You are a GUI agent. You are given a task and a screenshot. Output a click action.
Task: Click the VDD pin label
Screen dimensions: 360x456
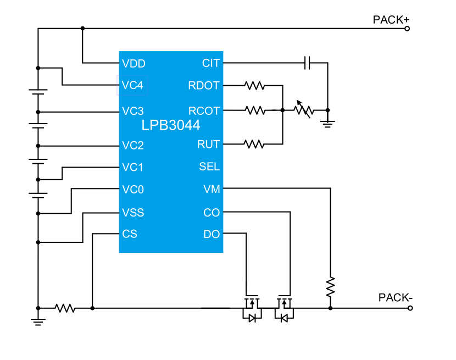[x=134, y=64]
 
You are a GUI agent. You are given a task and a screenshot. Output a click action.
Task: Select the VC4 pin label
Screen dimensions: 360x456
[x=133, y=86]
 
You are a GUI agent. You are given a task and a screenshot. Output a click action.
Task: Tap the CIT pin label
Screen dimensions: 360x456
[x=211, y=64]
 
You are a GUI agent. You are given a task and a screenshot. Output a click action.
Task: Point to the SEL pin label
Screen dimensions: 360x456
[x=209, y=167]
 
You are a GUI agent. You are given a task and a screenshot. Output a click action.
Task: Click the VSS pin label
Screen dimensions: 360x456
[x=134, y=213]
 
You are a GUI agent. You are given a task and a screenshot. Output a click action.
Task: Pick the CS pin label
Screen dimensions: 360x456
[x=130, y=234]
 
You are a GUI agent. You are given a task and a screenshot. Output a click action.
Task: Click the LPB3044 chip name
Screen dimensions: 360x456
[x=171, y=126]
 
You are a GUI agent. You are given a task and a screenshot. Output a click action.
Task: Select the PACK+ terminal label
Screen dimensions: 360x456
[x=391, y=20]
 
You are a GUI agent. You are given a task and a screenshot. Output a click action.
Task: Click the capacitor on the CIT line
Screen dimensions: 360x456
[x=308, y=63]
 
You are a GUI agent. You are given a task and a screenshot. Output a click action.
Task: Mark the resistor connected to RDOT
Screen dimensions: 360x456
[x=255, y=86]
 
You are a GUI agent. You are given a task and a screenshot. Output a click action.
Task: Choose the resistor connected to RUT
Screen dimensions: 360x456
[x=255, y=144]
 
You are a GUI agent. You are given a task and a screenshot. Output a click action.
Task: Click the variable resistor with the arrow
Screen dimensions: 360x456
[x=303, y=110]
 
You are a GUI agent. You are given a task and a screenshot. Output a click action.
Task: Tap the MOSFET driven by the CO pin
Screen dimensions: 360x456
[x=284, y=308]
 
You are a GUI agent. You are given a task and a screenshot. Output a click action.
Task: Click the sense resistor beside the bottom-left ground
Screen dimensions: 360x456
[x=65, y=308]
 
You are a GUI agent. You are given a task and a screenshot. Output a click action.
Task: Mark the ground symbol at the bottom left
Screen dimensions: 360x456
[x=38, y=322]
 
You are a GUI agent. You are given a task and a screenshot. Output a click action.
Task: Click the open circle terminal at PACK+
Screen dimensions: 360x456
[x=407, y=29]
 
